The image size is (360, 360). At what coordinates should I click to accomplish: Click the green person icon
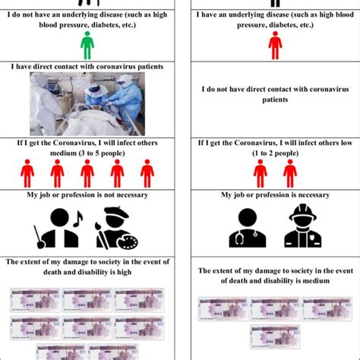pos(87,45)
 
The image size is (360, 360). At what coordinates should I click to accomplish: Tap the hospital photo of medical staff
pos(88,103)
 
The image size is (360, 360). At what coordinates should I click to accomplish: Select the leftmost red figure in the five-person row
pos(27,173)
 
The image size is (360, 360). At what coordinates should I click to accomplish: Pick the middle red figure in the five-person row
pos(88,173)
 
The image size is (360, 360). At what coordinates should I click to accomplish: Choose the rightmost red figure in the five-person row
pos(147,173)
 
